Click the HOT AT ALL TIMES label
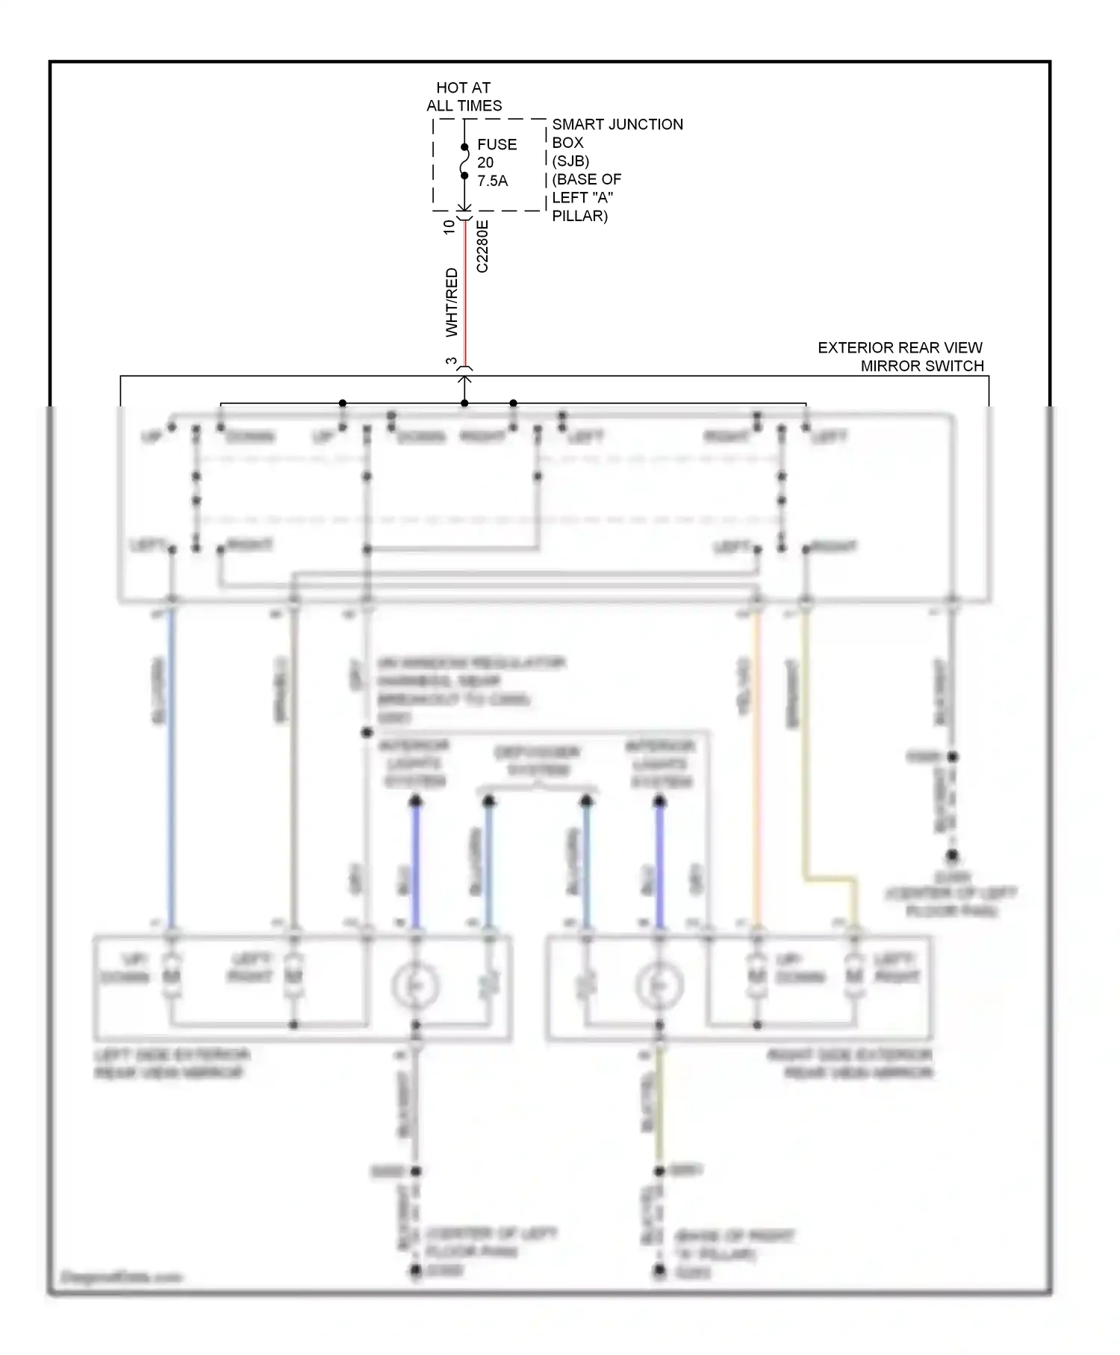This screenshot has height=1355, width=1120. (x=464, y=96)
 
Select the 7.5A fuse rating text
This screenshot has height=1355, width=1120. (x=492, y=181)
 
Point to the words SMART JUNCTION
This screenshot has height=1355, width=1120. (x=617, y=125)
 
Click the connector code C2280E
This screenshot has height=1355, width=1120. (x=482, y=246)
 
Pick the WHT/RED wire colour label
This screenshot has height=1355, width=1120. (x=451, y=302)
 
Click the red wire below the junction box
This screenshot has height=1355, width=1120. (x=464, y=299)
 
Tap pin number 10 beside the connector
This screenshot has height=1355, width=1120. (x=449, y=226)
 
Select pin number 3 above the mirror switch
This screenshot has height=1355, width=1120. (x=451, y=362)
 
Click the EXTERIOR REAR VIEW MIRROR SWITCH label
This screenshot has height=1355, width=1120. (x=900, y=356)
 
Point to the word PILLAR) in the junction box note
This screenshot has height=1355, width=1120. (x=579, y=216)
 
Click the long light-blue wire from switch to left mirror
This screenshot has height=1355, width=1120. (x=172, y=769)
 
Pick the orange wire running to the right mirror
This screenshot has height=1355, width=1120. (x=756, y=769)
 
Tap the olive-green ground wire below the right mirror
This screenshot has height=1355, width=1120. (x=659, y=1106)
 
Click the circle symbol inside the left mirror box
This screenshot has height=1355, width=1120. (x=416, y=985)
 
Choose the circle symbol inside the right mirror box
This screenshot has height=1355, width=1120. (x=659, y=985)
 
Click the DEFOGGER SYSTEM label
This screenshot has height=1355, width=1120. (x=537, y=760)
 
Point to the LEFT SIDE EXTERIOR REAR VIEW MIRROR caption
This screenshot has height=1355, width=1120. (x=171, y=1064)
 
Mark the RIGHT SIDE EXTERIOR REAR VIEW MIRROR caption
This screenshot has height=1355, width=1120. (x=850, y=1064)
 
